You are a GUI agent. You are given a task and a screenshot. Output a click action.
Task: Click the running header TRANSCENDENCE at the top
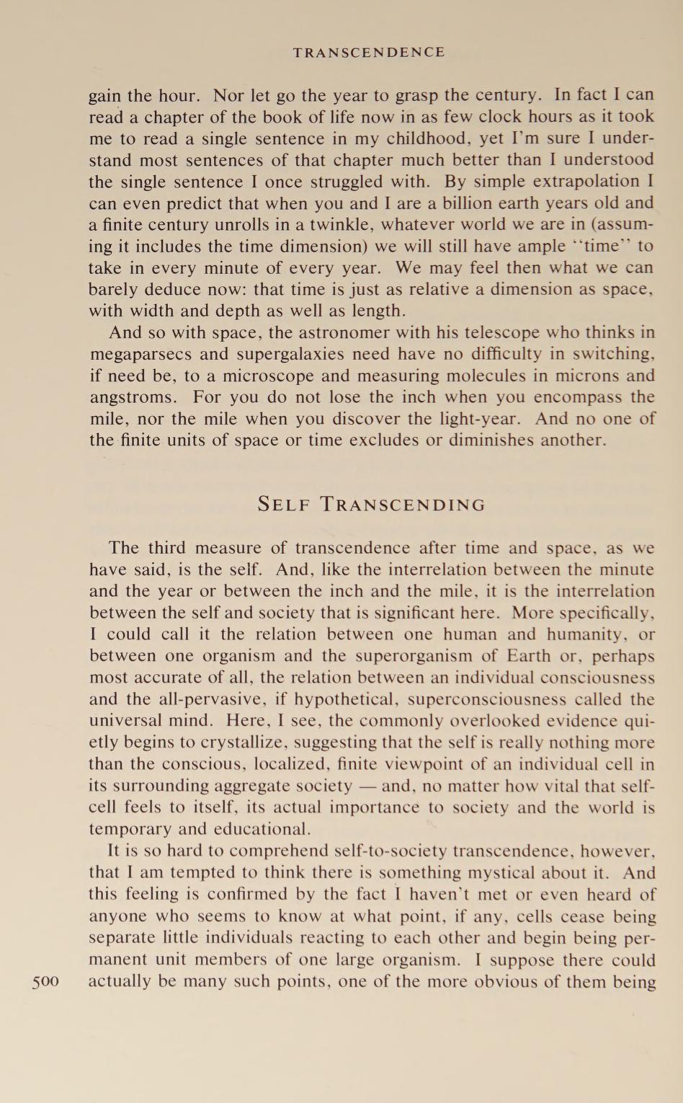click(x=369, y=53)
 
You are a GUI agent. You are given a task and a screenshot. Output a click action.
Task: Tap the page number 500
click(x=45, y=981)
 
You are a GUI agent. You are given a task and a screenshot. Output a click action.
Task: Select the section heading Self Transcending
click(x=372, y=504)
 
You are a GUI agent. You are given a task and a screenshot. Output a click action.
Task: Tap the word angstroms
click(x=133, y=398)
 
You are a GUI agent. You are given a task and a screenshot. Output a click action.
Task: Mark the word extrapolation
click(x=581, y=181)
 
